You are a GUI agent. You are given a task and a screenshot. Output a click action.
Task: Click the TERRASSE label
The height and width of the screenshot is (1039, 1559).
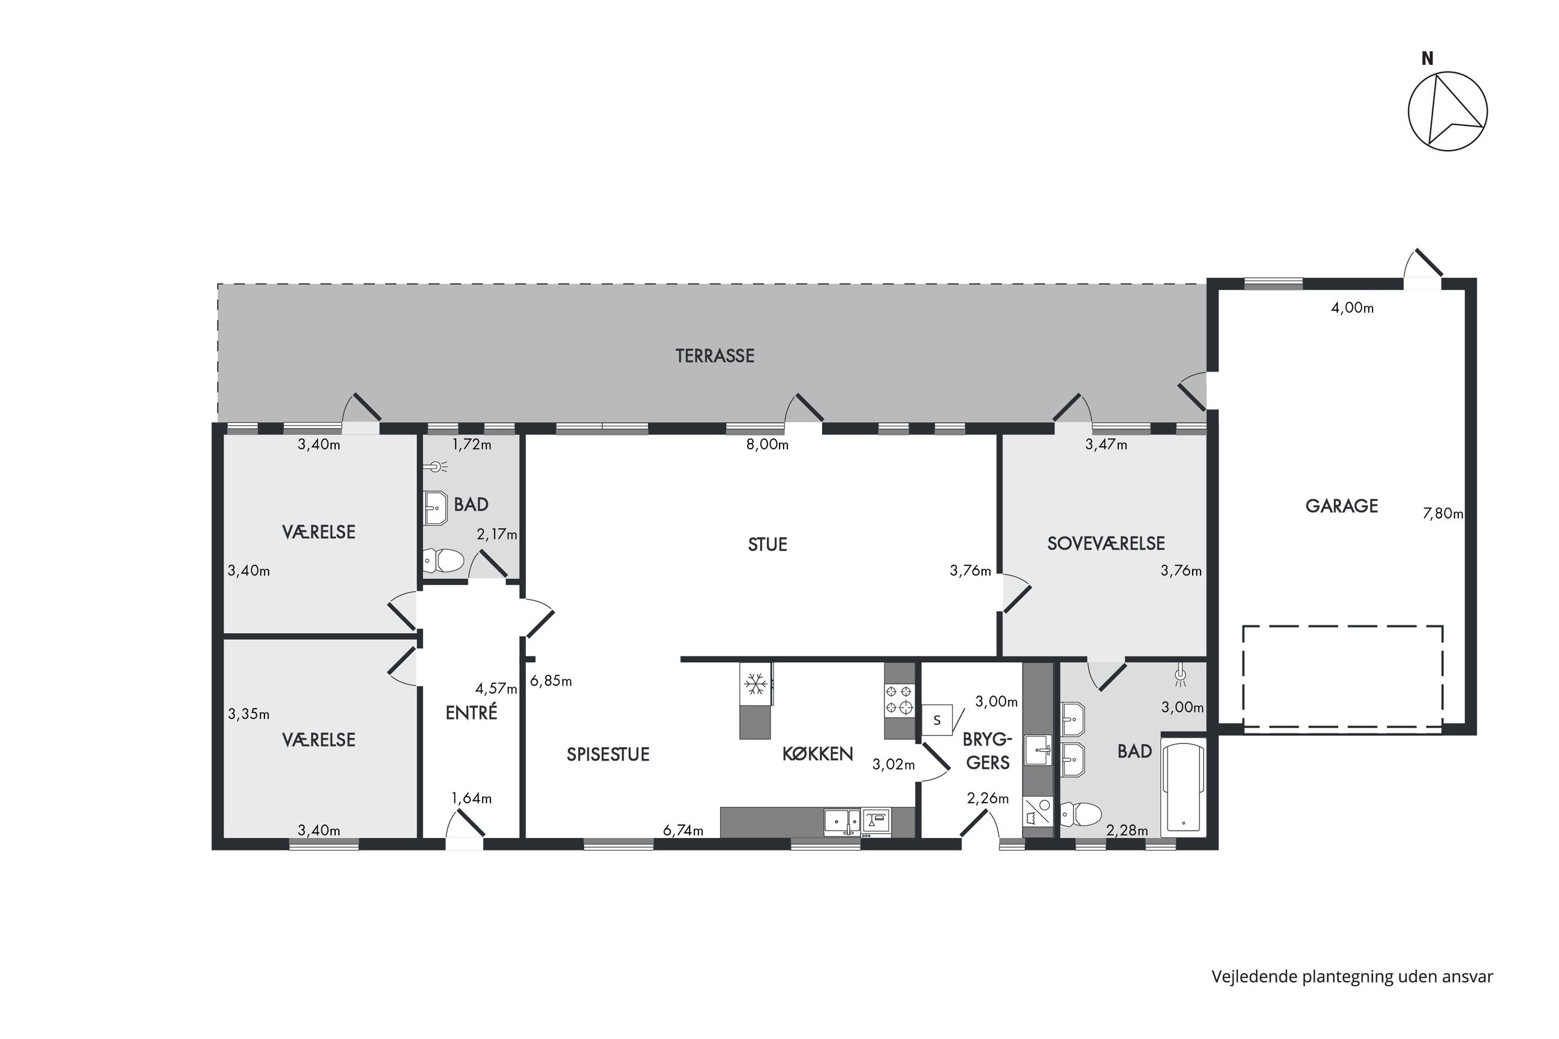(x=714, y=356)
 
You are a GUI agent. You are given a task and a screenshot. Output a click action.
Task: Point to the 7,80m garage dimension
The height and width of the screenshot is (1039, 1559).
(x=1443, y=514)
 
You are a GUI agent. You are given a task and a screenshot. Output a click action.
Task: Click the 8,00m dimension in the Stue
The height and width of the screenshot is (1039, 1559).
(x=768, y=445)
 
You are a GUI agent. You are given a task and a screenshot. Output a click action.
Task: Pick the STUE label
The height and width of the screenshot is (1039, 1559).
(x=768, y=544)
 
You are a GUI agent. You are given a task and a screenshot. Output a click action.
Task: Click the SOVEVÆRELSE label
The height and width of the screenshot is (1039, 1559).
(x=1105, y=543)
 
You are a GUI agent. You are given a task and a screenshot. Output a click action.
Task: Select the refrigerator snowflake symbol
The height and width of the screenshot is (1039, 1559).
(x=756, y=684)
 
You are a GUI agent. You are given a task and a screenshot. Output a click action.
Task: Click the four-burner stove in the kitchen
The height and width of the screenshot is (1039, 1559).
(x=899, y=700)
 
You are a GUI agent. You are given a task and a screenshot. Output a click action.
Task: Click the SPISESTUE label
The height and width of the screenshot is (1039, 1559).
(x=607, y=755)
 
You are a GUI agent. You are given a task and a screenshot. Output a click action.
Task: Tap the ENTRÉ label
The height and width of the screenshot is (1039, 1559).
(x=471, y=712)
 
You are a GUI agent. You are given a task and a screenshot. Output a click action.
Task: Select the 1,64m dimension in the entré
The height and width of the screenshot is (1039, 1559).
(x=471, y=799)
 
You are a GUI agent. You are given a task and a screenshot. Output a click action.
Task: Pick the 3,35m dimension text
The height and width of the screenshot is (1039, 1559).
(x=248, y=714)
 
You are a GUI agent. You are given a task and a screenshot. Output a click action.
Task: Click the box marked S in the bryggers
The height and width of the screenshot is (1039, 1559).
(x=937, y=720)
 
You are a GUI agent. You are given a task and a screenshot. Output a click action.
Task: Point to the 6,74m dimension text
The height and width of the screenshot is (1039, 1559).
(x=683, y=831)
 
